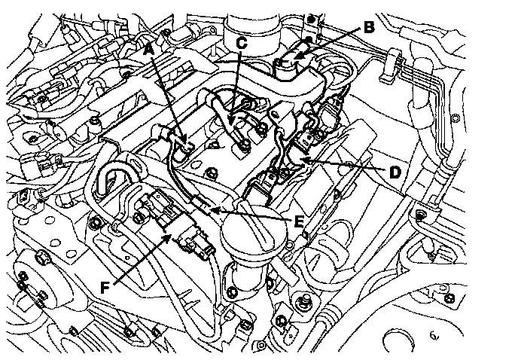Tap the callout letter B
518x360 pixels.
(x=368, y=28)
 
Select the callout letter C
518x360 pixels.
(x=241, y=43)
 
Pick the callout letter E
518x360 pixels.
(x=299, y=222)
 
